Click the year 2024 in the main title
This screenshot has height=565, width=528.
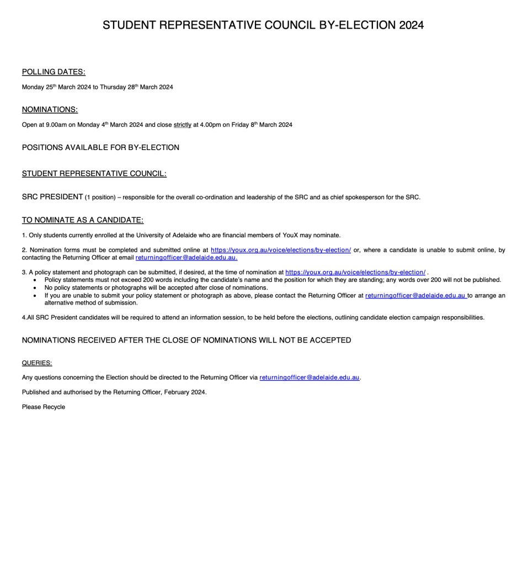[x=411, y=25]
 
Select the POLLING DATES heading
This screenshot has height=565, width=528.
[x=54, y=72]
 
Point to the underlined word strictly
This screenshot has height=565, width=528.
[x=183, y=125]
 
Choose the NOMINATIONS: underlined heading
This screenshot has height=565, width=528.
[x=50, y=109]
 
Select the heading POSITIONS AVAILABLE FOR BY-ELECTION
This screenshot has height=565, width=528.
[x=100, y=147]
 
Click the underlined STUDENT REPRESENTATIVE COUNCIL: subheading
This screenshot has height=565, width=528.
[x=94, y=174]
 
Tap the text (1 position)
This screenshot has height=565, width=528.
[x=100, y=198]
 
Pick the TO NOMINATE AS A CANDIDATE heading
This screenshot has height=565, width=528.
[x=83, y=220]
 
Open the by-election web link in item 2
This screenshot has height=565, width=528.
[x=281, y=250]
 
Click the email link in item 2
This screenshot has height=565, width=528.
[x=186, y=258]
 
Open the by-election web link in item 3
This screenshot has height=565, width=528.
[x=355, y=272]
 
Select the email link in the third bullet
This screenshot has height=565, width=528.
[x=415, y=295]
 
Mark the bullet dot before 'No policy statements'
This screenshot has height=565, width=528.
[x=35, y=288]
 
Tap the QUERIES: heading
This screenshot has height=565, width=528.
[x=37, y=363]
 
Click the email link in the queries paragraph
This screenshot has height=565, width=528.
[x=310, y=377]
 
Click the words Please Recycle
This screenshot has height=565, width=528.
[x=44, y=407]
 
